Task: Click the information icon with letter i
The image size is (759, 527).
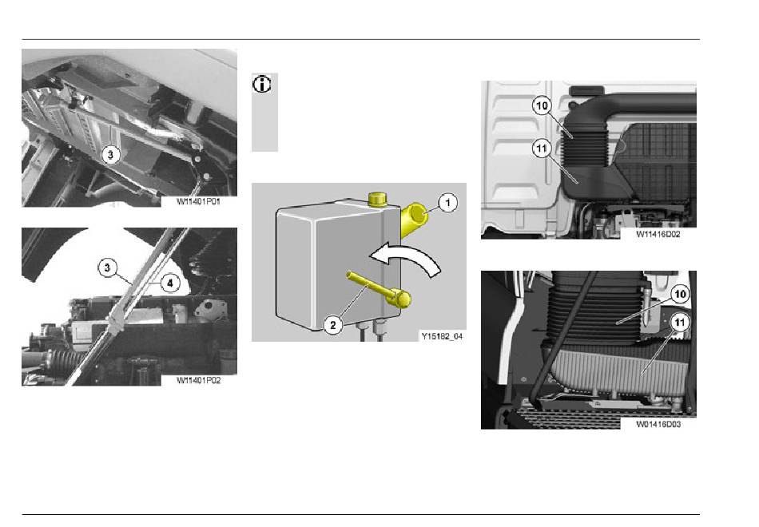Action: coord(262,85)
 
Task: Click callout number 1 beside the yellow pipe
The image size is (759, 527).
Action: coord(447,202)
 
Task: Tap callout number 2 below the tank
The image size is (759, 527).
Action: coord(332,325)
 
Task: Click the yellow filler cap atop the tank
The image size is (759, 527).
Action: coord(376,199)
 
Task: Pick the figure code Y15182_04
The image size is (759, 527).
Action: coord(442,336)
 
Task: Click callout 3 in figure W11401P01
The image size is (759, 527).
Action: coord(110,155)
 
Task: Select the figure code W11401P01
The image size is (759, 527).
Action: coord(198,201)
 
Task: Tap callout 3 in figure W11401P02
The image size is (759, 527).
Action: coord(107,267)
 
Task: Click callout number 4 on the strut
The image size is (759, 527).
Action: coord(170,283)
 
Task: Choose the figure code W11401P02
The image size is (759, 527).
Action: coord(198,380)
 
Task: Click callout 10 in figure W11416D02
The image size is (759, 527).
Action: coord(542,105)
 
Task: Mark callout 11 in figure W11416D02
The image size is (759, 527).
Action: coord(542,148)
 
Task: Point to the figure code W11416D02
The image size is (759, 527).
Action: coord(658,234)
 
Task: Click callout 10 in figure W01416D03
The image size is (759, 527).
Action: coord(680,294)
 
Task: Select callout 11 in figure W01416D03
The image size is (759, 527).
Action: coord(680,323)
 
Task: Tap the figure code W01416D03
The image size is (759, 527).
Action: coord(658,425)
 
